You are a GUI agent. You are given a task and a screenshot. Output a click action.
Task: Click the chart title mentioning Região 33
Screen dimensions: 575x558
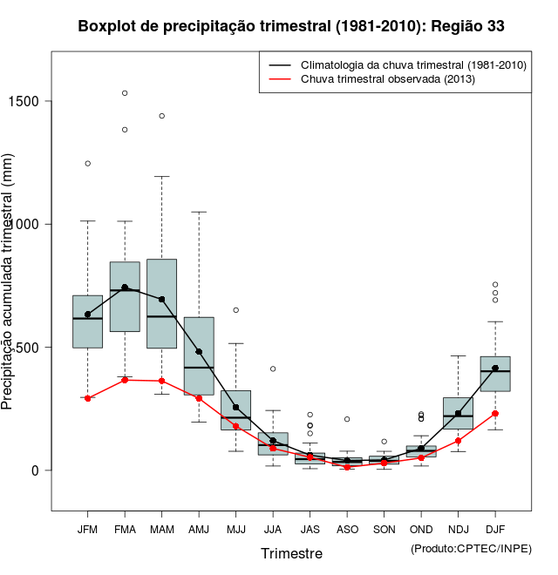coord(290,26)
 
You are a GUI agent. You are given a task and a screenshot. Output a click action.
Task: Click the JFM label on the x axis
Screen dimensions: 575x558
coord(87,529)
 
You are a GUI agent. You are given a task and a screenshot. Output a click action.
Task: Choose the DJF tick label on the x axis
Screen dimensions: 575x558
coord(495,529)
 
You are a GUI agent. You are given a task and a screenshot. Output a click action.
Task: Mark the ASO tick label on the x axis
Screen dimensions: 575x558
coord(347,529)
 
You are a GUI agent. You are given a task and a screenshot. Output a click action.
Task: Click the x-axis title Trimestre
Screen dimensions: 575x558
coord(291,553)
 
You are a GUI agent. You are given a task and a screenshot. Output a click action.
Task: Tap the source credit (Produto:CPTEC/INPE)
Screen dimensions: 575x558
coord(471,548)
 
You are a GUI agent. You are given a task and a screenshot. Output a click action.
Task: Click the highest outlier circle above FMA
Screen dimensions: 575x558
coord(125,93)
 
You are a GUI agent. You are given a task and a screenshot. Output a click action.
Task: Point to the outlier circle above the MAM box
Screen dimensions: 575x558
coord(162,116)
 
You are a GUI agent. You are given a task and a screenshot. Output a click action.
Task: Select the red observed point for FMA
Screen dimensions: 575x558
coord(125,380)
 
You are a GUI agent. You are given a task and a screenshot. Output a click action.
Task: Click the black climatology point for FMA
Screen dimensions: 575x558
coord(125,287)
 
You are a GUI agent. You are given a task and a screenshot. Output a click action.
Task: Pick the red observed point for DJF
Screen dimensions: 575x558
coord(495,413)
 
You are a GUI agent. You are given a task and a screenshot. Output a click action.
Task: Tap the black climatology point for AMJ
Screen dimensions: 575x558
coord(199,351)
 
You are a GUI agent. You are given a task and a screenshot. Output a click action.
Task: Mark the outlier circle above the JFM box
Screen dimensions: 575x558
coord(88,163)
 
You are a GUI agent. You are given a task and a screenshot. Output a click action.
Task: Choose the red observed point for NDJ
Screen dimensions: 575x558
coord(458,441)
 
